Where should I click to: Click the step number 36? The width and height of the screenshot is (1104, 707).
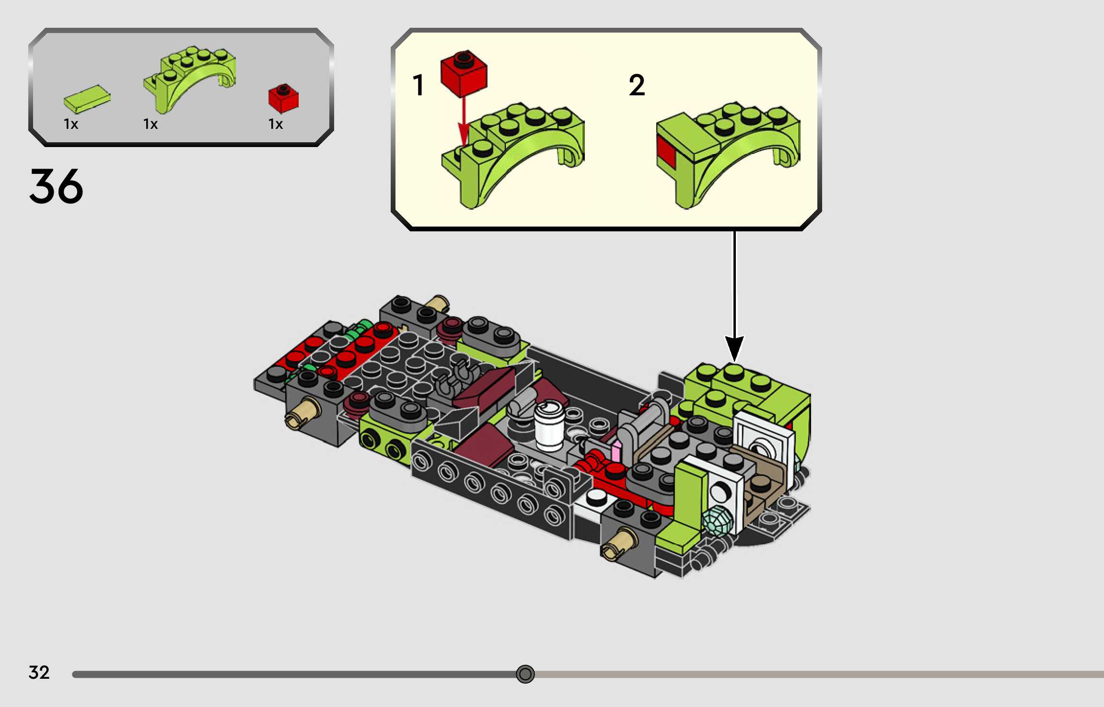56,186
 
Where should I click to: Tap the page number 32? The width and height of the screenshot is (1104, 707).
39,673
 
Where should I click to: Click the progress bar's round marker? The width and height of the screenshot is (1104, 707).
525,674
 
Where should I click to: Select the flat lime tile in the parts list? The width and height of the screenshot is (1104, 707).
87,99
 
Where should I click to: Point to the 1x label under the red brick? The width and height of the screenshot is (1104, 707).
275,125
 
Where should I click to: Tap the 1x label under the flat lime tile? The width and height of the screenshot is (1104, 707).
70,125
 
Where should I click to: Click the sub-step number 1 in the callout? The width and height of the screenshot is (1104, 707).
418,85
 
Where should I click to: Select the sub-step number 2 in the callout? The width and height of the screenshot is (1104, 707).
637,85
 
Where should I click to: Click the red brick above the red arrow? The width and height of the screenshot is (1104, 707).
464,73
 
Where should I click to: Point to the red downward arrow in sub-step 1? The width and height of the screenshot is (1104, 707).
463,122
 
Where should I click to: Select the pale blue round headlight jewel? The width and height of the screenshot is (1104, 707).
718,520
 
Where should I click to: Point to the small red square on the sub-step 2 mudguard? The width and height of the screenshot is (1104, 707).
666,152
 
